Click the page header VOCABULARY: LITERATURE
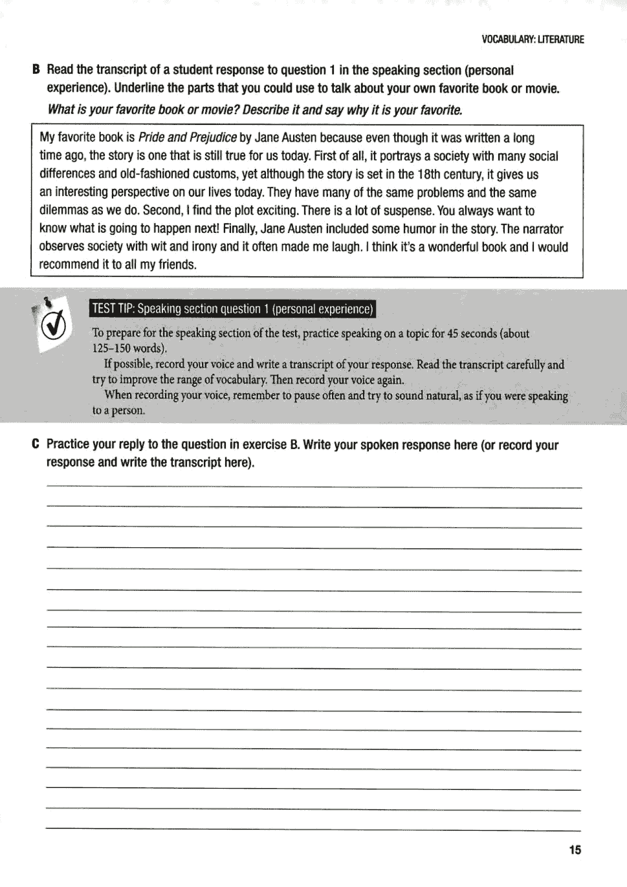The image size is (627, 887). (x=533, y=39)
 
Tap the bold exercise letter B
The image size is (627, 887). (x=36, y=70)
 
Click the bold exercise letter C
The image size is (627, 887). (x=36, y=444)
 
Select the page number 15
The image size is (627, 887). (x=575, y=850)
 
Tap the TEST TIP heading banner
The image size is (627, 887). (x=233, y=309)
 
